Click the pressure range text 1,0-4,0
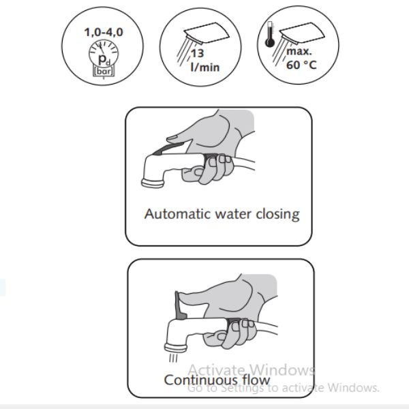pos(104,32)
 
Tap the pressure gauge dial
pos(104,54)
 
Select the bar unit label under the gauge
pos(104,71)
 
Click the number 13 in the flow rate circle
pos(197,53)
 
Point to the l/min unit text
pos(205,67)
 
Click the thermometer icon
pos(269,35)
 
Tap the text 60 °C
pos(301,65)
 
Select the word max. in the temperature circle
pos(299,51)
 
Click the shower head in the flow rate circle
pos(207,33)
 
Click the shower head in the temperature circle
pos(302,33)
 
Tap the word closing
pos(277,215)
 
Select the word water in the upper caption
pos(233,214)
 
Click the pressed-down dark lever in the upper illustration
pos(170,149)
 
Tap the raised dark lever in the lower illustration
pos(180,305)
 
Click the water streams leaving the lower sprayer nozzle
pos(173,358)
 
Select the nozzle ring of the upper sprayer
pos(153,183)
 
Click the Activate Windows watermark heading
pos(251,370)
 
